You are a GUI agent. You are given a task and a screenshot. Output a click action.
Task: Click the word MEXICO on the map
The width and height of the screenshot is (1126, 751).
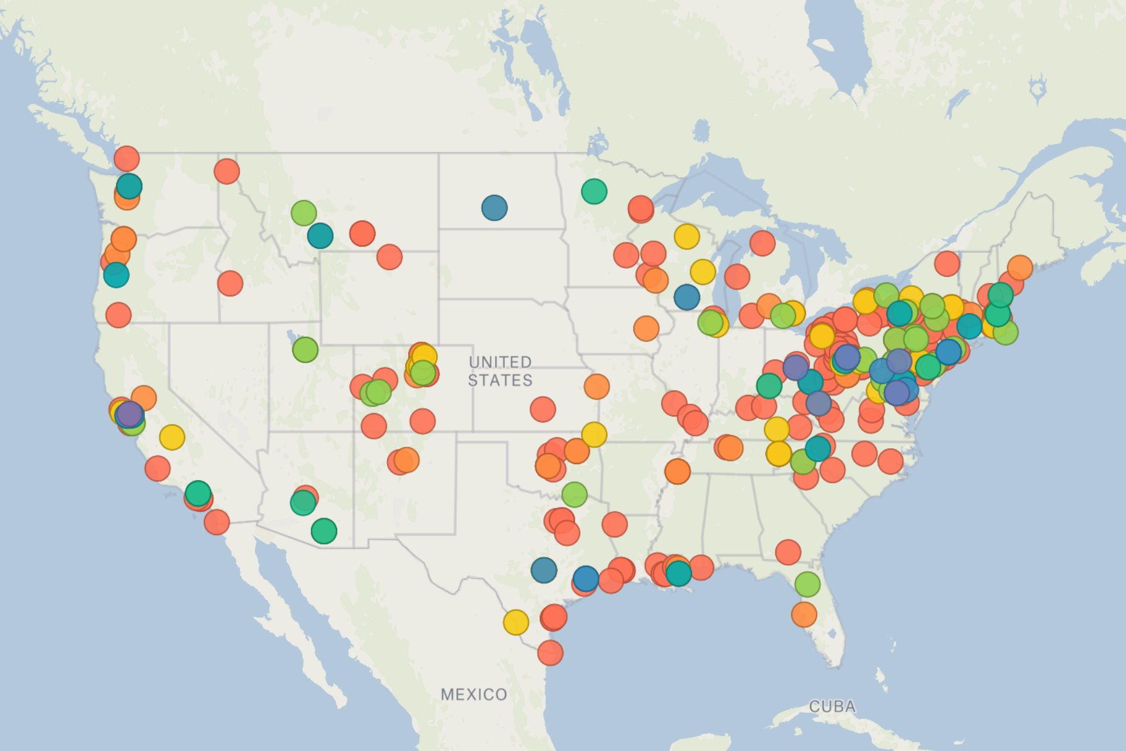pyautogui.click(x=474, y=695)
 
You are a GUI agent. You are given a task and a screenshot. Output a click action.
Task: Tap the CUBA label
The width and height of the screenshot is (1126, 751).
pyautogui.click(x=832, y=706)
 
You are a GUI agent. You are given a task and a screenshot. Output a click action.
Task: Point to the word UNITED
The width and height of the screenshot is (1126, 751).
pyautogui.click(x=500, y=362)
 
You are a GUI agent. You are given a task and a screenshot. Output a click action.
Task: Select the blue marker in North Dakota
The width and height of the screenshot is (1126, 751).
pyautogui.click(x=494, y=208)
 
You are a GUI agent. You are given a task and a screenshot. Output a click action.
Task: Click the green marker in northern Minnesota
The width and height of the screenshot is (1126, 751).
pyautogui.click(x=594, y=191)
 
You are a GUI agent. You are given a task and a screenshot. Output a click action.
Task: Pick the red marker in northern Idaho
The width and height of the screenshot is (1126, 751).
pyautogui.click(x=227, y=171)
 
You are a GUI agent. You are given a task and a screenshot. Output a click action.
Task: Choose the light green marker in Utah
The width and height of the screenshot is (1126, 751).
pyautogui.click(x=305, y=350)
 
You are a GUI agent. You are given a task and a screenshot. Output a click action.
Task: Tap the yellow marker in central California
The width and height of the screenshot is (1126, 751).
pyautogui.click(x=172, y=437)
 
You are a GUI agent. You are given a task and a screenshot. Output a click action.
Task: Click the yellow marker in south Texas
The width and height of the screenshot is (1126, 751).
pyautogui.click(x=516, y=623)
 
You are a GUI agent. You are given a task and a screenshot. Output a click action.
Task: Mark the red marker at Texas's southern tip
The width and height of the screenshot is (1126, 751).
pyautogui.click(x=550, y=652)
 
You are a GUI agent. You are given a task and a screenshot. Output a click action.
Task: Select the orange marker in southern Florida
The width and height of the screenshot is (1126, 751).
pyautogui.click(x=804, y=615)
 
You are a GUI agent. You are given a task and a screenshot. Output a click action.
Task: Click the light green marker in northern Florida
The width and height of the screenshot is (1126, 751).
pyautogui.click(x=808, y=584)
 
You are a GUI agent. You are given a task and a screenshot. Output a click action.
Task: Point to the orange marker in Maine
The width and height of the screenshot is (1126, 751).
pyautogui.click(x=1020, y=268)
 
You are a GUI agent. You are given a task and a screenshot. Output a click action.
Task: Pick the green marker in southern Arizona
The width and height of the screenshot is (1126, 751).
pyautogui.click(x=324, y=531)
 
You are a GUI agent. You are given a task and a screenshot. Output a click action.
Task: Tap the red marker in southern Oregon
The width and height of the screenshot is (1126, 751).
pyautogui.click(x=118, y=315)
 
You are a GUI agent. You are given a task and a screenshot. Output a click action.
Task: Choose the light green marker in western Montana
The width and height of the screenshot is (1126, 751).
pyautogui.click(x=304, y=212)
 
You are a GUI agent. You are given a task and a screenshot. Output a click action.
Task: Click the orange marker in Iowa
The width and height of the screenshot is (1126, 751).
pyautogui.click(x=646, y=329)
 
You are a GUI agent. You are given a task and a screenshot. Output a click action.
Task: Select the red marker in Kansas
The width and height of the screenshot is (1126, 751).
pyautogui.click(x=543, y=409)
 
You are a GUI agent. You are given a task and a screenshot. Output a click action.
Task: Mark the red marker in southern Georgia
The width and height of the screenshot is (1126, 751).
pyautogui.click(x=788, y=552)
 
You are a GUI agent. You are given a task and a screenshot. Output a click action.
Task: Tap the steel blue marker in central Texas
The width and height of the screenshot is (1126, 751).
pyautogui.click(x=544, y=570)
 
